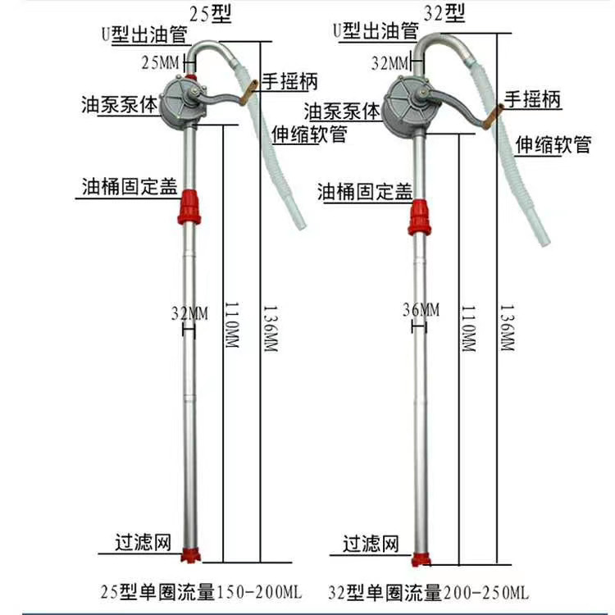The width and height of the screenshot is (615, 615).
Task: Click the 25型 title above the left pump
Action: coord(211,14)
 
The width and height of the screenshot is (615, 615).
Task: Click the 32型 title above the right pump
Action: coord(444,13)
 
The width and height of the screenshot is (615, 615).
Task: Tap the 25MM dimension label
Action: coord(161,62)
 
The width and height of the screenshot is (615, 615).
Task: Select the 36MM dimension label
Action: coord(421,310)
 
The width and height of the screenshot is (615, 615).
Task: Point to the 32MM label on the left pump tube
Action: coord(190,313)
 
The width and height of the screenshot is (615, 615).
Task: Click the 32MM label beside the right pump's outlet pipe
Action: coord(390,63)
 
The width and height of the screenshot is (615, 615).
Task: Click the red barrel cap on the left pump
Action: coord(189,207)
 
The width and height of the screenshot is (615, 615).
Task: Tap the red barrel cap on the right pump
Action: coord(419,217)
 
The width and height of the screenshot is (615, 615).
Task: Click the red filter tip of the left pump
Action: coord(190,555)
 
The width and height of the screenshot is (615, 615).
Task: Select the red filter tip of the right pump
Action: coord(421,560)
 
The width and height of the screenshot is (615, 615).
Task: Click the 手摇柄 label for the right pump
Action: coord(532,99)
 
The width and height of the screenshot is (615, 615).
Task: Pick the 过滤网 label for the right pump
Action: coord(371,544)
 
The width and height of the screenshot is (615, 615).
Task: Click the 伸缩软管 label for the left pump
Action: coord(310,134)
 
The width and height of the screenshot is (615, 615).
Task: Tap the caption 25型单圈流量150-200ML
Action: coord(201,591)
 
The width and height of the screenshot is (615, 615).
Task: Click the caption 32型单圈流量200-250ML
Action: coord(429,592)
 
